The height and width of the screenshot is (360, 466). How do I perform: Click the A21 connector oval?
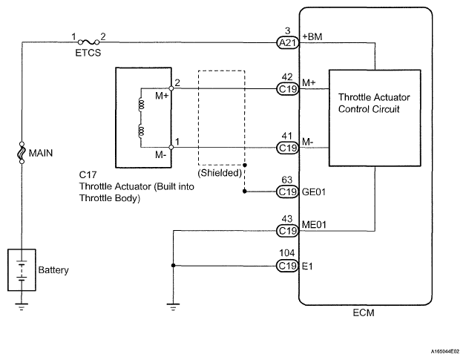287,43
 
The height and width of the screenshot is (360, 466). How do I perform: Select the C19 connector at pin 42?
287,89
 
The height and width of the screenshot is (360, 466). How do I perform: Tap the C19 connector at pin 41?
287,148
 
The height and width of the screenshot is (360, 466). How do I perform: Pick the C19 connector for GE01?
287,192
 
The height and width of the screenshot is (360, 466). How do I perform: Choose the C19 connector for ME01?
287,231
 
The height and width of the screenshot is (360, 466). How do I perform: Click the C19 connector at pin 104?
287,266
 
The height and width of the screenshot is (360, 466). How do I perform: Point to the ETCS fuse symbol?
88,42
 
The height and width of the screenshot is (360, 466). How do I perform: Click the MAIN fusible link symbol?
22,153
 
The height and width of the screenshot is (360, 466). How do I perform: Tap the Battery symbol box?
22,269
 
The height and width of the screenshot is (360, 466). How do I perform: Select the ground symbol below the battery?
22,307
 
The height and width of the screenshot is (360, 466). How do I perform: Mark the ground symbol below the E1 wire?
173,307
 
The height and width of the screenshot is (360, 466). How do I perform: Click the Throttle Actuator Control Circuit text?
374,103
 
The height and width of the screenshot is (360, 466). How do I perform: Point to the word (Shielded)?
220,173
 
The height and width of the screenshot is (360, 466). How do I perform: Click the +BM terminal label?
312,36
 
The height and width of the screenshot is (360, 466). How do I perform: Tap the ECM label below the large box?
364,312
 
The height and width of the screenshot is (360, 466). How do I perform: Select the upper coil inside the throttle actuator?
141,105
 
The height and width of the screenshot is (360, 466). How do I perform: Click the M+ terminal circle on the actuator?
171,88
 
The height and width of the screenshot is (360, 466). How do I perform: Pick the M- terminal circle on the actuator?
171,147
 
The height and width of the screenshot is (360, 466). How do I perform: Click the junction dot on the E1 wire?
173,266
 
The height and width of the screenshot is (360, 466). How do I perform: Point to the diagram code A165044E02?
445,351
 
